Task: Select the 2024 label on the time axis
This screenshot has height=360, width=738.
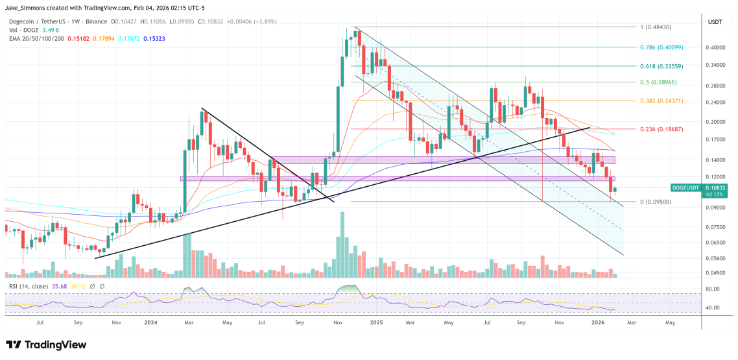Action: coord(150,322)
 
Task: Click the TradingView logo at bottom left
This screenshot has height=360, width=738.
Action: coord(45,345)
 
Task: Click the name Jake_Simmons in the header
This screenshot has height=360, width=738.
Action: coord(27,6)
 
